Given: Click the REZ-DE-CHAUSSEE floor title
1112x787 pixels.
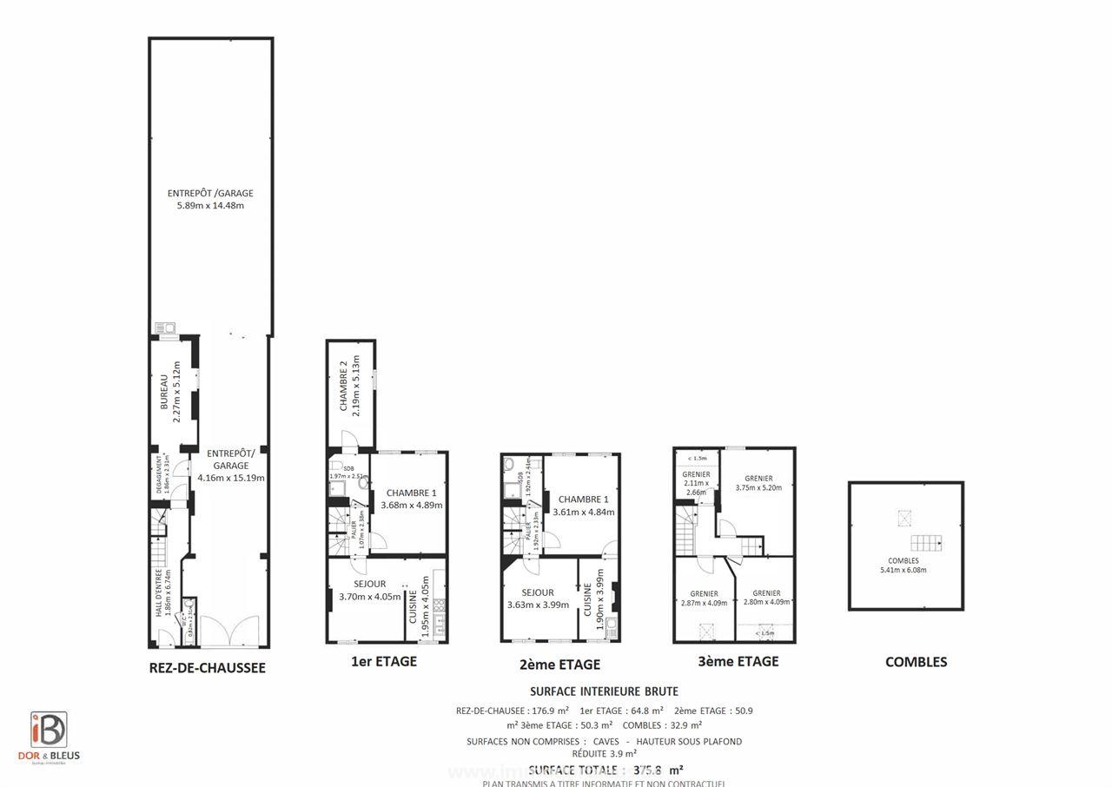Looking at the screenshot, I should [208, 668].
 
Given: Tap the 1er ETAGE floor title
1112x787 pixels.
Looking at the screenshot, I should [383, 661].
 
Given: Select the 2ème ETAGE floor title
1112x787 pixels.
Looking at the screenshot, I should [559, 665].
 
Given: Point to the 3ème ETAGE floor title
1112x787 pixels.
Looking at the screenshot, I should [738, 661].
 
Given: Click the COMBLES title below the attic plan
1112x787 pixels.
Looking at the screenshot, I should [916, 662].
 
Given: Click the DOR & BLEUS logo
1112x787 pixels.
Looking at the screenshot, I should [49, 737].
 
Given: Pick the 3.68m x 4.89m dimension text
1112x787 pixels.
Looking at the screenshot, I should [411, 505].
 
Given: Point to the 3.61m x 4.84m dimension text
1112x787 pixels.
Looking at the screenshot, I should [583, 512].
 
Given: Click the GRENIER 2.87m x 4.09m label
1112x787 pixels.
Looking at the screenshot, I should [704, 598].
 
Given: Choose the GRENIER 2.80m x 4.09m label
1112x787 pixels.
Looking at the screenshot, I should [766, 598].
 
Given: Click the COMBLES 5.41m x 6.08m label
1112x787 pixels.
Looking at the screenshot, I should [903, 565].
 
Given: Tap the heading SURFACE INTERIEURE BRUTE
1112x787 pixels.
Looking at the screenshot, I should [604, 691].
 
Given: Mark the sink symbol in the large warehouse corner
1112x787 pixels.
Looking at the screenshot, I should [164, 327].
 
